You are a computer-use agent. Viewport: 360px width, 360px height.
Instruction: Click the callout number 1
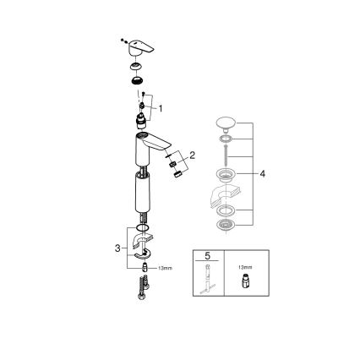click(x=160, y=108)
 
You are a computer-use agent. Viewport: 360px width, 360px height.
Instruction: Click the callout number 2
click(x=193, y=155)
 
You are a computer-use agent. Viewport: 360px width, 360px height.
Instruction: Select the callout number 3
click(x=117, y=248)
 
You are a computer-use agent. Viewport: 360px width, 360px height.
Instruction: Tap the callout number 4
click(x=263, y=174)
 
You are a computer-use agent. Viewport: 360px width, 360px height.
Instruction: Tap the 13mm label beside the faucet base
click(x=166, y=269)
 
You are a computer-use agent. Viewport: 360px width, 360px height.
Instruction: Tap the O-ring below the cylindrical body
click(x=141, y=229)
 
